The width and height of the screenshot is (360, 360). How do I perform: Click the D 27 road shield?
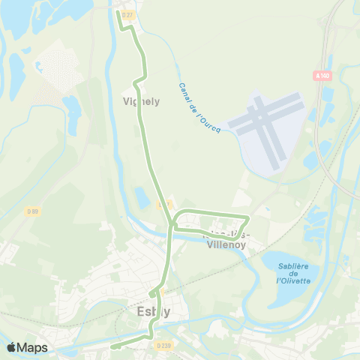point(127,15)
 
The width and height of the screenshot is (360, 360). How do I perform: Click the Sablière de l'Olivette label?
point(289,273)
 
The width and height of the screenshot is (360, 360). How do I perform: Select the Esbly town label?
point(154,311)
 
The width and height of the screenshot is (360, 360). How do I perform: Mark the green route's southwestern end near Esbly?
point(113,346)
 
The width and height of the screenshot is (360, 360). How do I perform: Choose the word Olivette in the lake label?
point(289,281)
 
